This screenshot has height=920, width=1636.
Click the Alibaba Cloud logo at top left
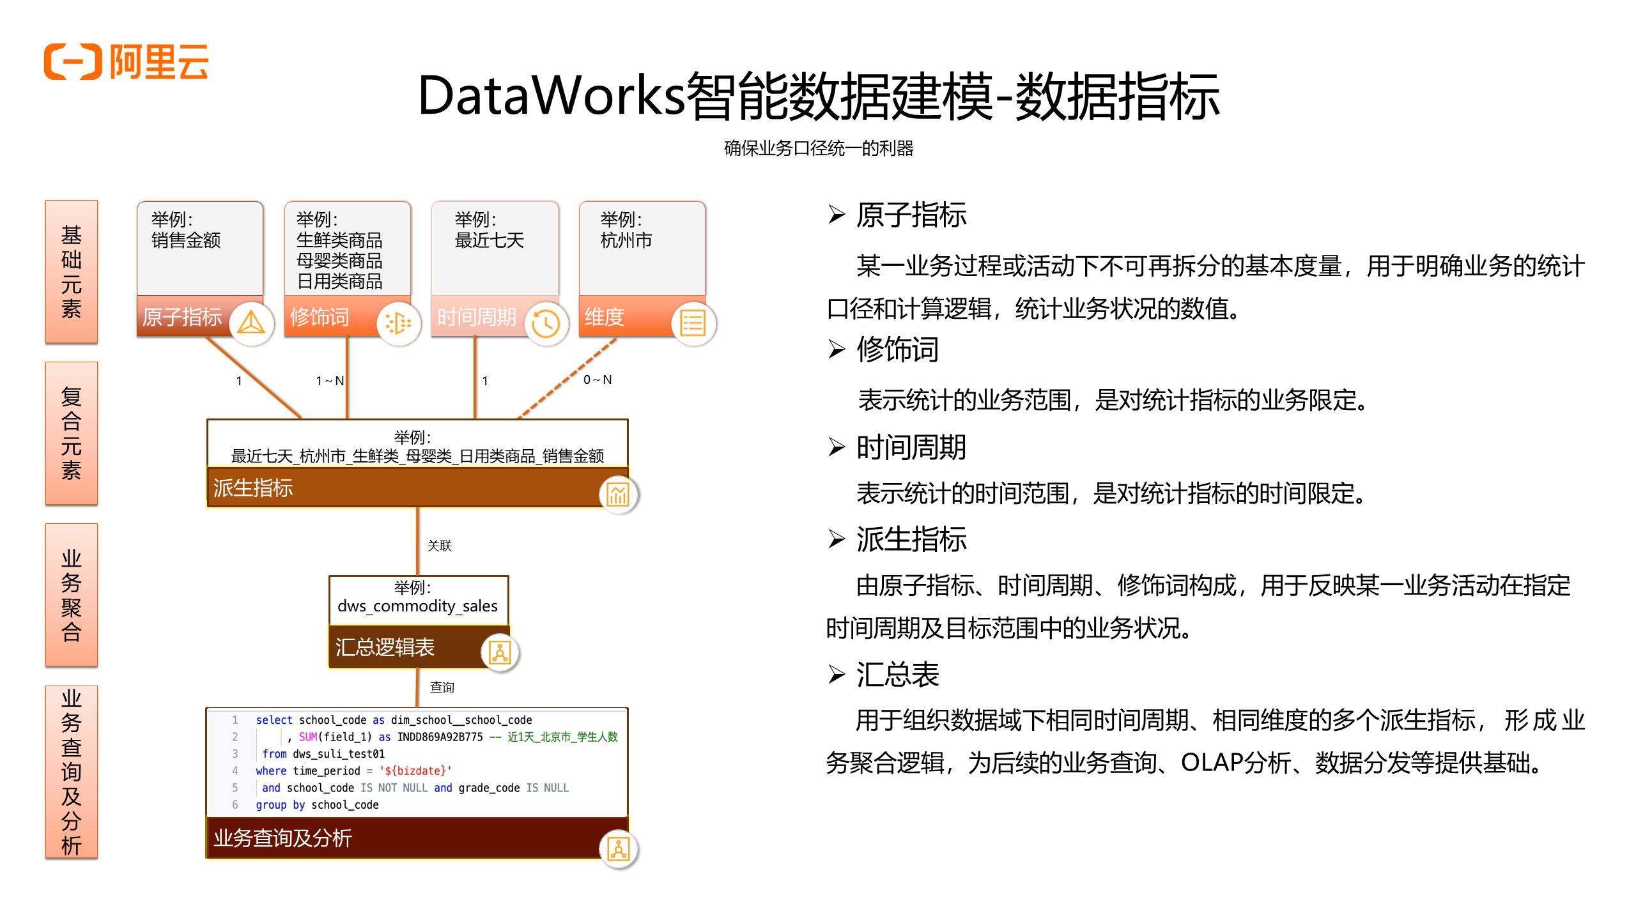pos(126,62)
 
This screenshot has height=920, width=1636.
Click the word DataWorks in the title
pos(551,96)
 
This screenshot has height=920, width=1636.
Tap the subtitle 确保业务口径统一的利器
pos(818,148)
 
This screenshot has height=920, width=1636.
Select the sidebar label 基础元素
pos(71,272)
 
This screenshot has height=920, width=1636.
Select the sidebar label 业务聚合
pos(71,595)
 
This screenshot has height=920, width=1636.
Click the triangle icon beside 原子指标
pos(251,323)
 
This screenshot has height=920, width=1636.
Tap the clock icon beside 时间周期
pos(546,323)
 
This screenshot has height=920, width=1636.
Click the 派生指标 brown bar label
pos(253,488)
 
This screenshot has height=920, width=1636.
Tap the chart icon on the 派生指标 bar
pos(618,494)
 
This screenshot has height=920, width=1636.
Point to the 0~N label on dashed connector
pos(597,379)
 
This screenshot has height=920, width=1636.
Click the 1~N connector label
pos(330,381)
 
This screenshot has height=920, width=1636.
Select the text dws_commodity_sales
pos(417,606)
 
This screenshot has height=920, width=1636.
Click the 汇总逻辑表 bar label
pos(385,647)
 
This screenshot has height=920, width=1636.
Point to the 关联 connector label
pos(440,546)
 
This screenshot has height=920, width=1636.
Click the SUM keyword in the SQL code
pos(308,737)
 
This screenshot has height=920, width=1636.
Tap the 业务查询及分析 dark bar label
pos(282,838)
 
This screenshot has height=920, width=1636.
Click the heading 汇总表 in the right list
pos(897,675)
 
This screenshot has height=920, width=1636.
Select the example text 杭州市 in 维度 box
pos(626,240)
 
